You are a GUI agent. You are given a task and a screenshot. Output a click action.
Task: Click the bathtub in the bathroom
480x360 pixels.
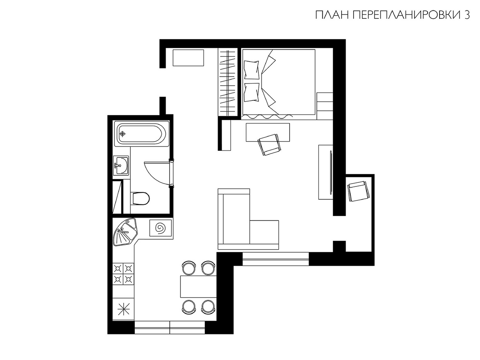(142, 134)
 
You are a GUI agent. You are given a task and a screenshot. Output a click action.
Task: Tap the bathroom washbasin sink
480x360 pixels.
(121, 166)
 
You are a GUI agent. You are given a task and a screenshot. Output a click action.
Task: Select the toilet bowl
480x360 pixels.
(140, 198)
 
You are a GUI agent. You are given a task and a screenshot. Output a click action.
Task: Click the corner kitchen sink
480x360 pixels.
(125, 232)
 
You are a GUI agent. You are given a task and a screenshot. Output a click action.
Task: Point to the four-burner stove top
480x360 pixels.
(123, 274)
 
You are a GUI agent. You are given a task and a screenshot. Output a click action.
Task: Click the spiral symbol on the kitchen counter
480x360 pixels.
(160, 228)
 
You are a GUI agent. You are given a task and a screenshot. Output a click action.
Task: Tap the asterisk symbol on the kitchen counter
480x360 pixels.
(124, 309)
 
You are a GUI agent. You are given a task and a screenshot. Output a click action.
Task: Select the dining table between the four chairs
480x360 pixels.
(198, 286)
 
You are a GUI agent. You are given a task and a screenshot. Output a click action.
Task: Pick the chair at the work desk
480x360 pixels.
(269, 144)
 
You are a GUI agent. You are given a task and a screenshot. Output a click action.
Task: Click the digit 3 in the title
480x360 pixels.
(467, 15)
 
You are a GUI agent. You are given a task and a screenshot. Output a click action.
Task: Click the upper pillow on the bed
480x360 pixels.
(252, 70)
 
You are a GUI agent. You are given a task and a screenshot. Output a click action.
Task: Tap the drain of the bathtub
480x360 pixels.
(122, 134)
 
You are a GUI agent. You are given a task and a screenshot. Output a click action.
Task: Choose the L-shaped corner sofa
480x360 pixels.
(248, 219)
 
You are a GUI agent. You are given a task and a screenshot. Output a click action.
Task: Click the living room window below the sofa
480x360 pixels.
(276, 259)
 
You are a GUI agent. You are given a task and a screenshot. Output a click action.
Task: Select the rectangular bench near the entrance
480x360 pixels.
(188, 58)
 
